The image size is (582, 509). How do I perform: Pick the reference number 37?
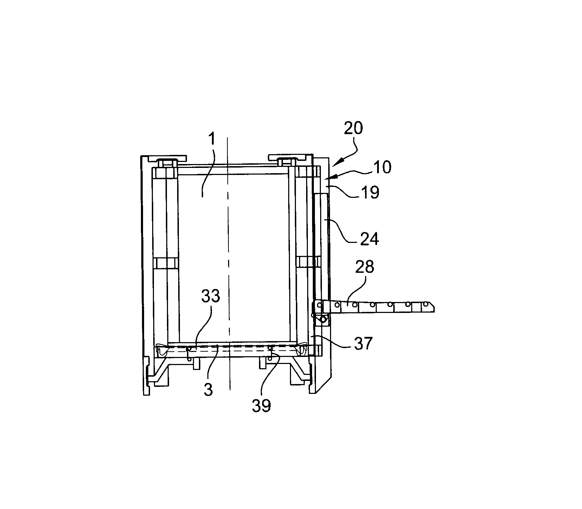363,343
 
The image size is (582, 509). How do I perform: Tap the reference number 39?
261,406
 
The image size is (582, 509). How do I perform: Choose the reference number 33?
211,297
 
